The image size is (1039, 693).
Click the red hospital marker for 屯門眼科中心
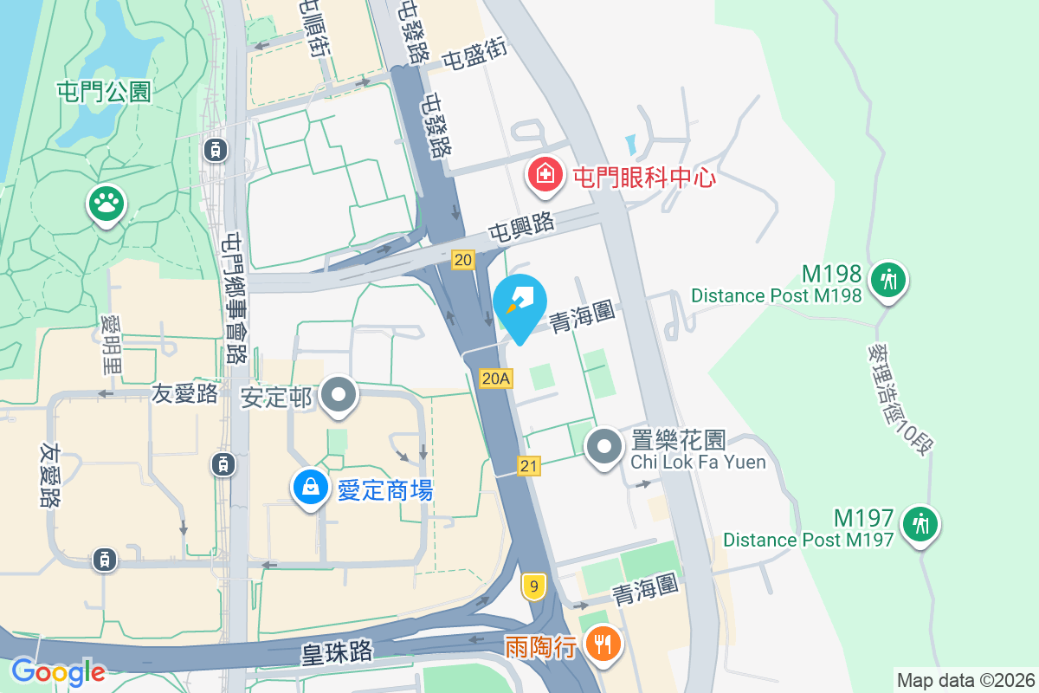(x=545, y=176)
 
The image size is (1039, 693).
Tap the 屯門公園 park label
(x=104, y=92)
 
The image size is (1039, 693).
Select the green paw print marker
(x=107, y=205)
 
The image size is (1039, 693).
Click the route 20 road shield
(x=463, y=259)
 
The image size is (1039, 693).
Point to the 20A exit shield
(x=496, y=378)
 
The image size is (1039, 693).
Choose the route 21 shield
(x=530, y=466)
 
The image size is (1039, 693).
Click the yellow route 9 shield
(x=533, y=587)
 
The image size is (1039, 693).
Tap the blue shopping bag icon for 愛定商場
(x=310, y=489)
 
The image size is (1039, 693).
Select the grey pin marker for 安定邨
(x=339, y=396)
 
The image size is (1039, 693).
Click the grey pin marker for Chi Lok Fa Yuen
(x=604, y=447)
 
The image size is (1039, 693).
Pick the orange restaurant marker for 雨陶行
(x=603, y=644)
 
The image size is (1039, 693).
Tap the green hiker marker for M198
(x=887, y=280)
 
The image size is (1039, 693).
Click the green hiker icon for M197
(x=919, y=524)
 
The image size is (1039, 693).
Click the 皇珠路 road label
(x=338, y=651)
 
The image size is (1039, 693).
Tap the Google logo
(x=58, y=671)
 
